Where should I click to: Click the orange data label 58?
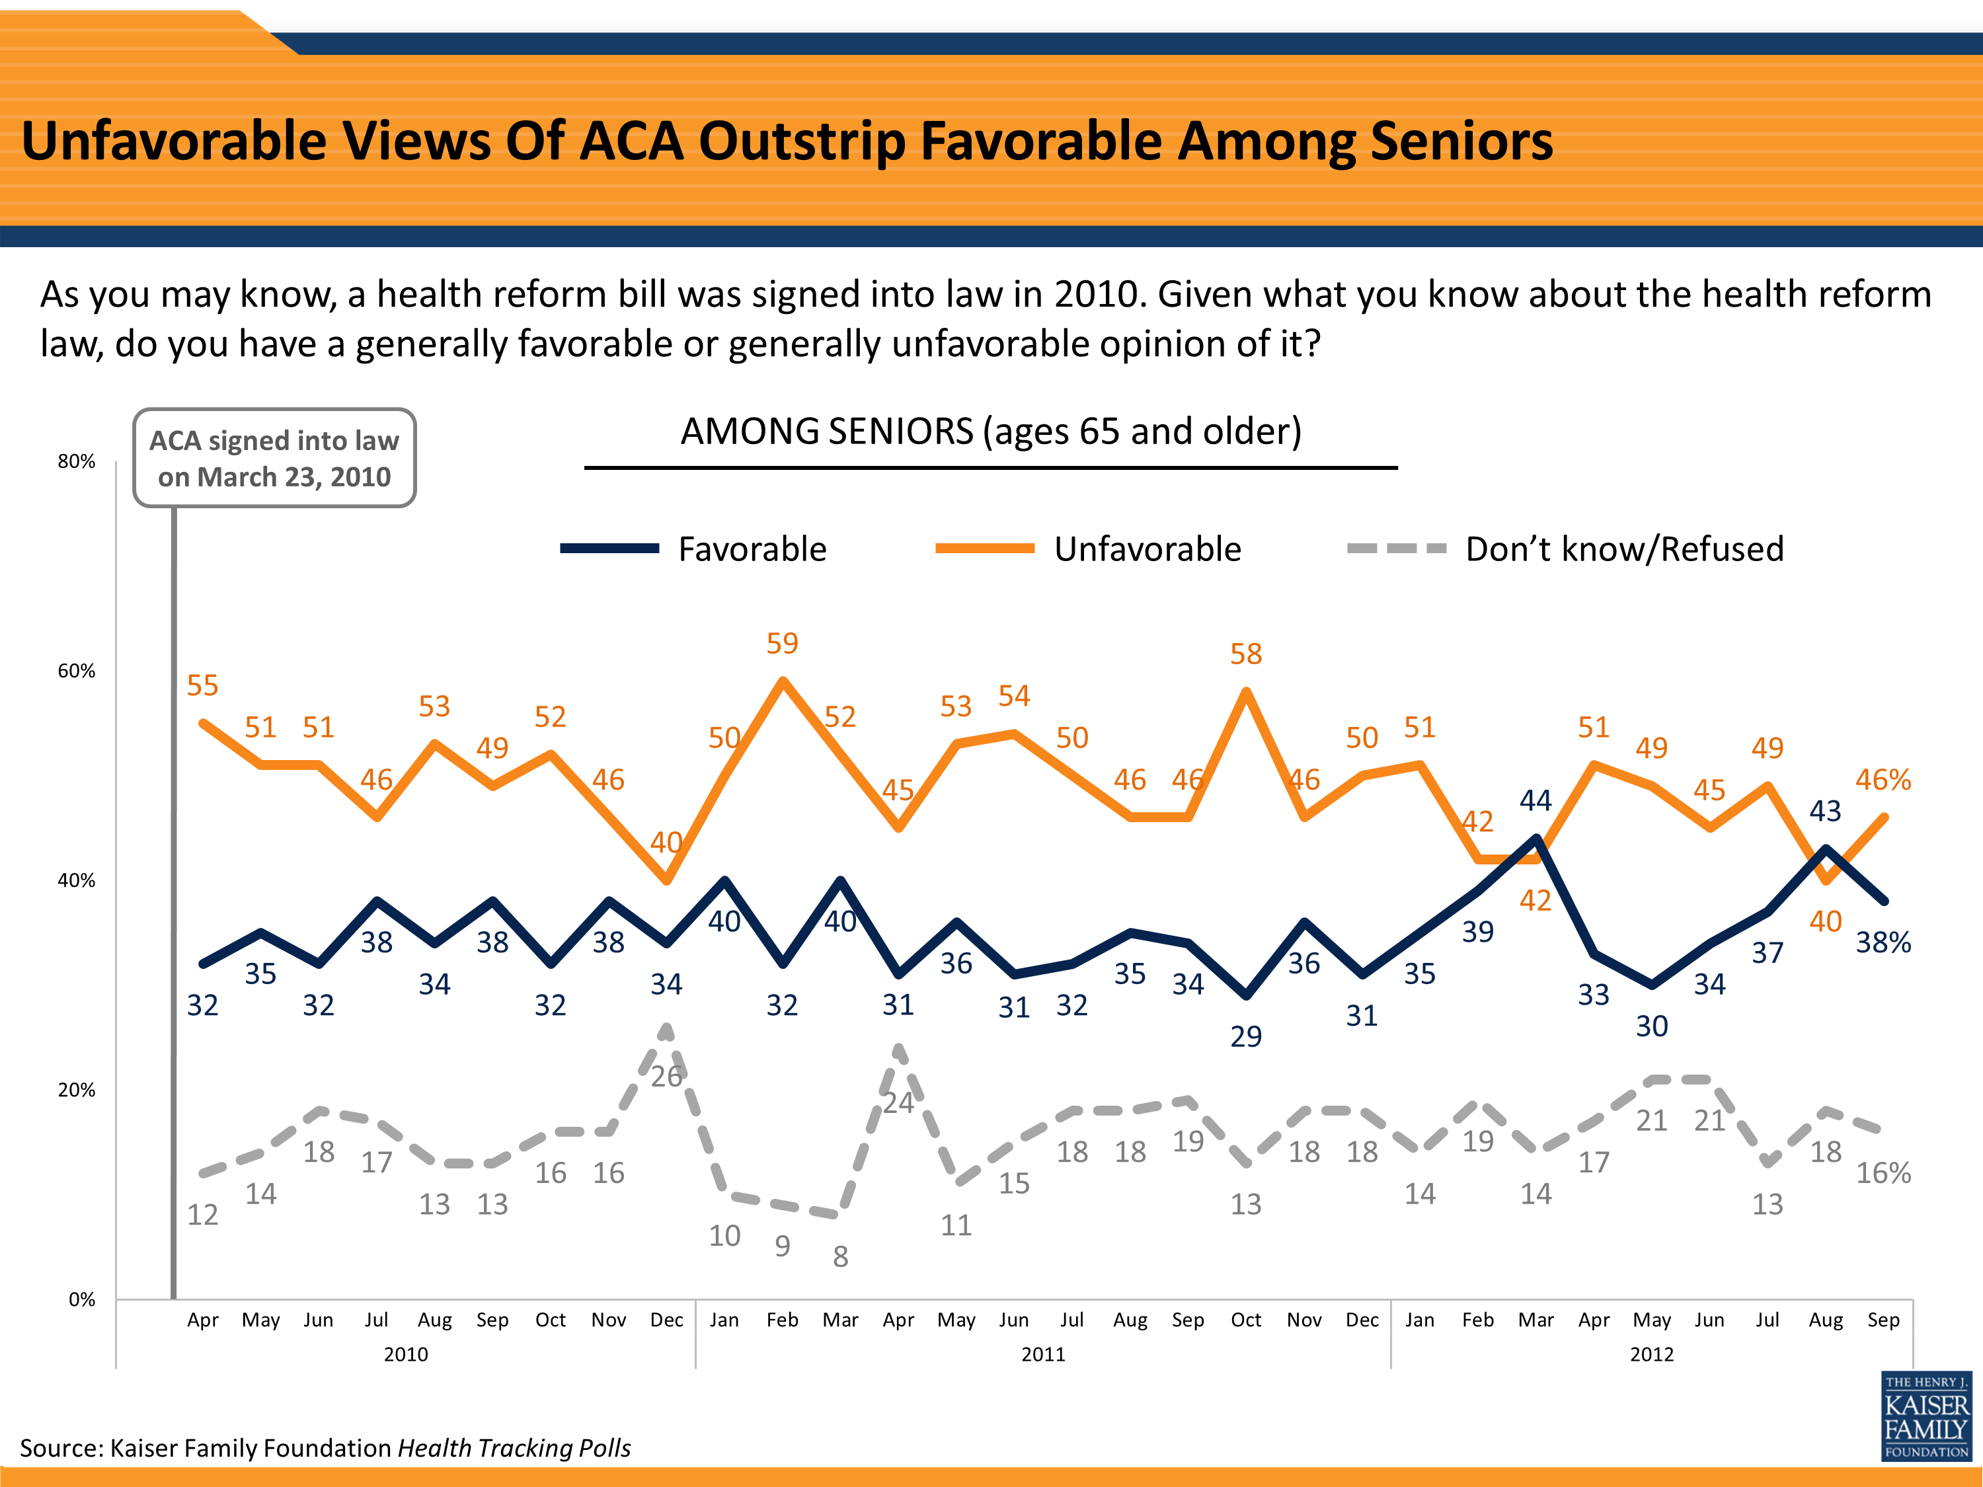[1245, 654]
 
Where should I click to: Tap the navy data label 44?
[1535, 800]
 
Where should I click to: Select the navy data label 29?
[1245, 1036]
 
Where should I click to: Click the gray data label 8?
[840, 1256]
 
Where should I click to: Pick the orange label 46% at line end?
[1883, 779]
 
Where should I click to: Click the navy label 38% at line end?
[1883, 942]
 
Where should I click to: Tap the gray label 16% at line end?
[1883, 1172]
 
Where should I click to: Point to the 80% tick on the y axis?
[76, 461]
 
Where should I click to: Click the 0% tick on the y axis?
[81, 1300]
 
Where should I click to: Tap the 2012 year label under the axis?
[1651, 1354]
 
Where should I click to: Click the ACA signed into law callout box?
[274, 458]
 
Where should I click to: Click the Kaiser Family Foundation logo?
[1925, 1416]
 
